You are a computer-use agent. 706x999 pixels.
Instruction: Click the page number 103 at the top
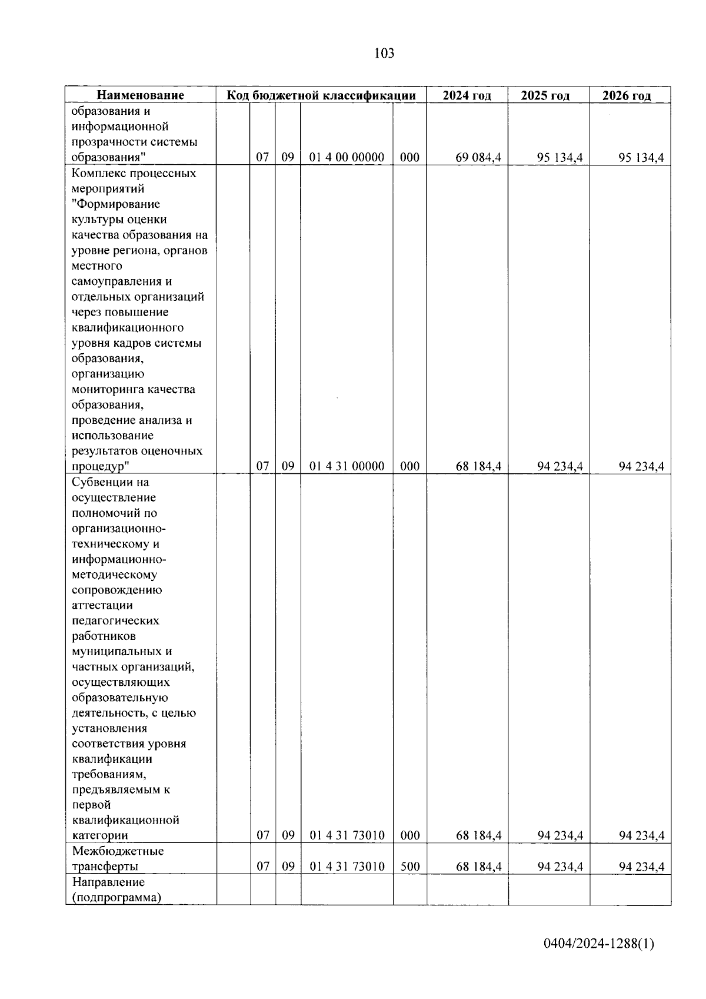384,54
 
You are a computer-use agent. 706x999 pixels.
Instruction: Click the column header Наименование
140,95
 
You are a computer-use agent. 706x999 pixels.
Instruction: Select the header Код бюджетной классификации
321,95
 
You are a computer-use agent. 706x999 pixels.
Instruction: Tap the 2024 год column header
467,95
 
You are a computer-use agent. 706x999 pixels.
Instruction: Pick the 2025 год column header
545,95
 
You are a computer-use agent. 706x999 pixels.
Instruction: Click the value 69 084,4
478,158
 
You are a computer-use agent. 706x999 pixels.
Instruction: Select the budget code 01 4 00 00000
347,158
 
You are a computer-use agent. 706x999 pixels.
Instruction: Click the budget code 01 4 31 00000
347,466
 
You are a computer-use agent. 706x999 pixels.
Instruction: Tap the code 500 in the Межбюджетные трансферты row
409,867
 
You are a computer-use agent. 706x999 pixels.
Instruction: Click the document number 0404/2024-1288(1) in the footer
598,944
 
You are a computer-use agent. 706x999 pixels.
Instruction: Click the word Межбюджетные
118,851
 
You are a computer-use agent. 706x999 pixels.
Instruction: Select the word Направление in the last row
108,882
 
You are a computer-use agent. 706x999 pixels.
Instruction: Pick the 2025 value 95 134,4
560,158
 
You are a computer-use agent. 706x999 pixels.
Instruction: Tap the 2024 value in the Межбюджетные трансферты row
478,867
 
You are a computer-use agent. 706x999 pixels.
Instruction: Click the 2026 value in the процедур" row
641,466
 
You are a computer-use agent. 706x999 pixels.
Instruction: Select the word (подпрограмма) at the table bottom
116,898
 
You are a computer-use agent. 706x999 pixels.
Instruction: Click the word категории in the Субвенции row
99,835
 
